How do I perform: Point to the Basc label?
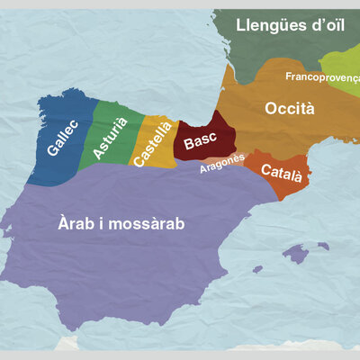point(201,142)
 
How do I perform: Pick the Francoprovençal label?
point(322,77)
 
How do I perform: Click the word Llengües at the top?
point(266,25)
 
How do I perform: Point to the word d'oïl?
point(328,25)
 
